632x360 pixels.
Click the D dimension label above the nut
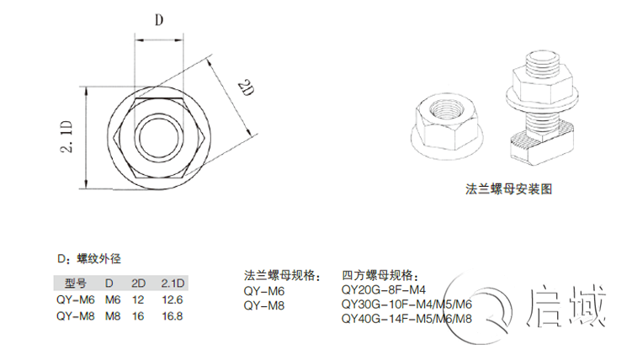pyautogui.click(x=157, y=21)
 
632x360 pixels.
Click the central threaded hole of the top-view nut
pyautogui.click(x=157, y=133)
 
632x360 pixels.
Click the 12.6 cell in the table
pyautogui.click(x=172, y=299)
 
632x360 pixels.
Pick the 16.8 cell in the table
pyautogui.click(x=172, y=316)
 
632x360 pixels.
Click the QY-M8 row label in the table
pyautogui.click(x=74, y=316)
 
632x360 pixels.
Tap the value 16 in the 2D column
pyautogui.click(x=137, y=316)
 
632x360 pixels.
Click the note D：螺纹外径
pyautogui.click(x=93, y=257)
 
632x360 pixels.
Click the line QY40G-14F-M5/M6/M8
pyautogui.click(x=406, y=319)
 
